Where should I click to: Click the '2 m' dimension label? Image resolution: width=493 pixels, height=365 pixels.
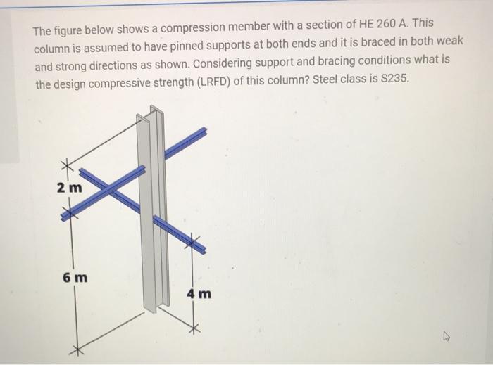[x=70, y=188]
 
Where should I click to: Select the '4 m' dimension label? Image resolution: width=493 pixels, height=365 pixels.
[x=199, y=293]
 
